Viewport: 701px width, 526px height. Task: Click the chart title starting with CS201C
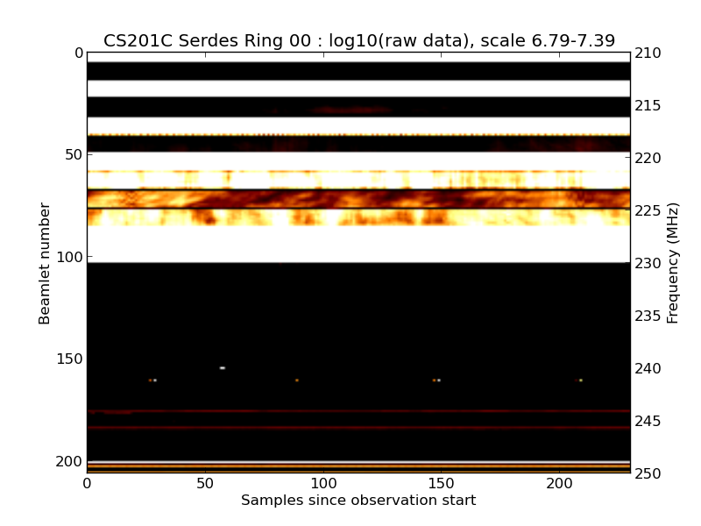359,41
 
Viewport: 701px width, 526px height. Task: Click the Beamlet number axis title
45,263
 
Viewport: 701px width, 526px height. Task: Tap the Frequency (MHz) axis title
673,263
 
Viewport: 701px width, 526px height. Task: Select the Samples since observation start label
358,501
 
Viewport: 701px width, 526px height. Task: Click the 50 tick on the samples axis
205,483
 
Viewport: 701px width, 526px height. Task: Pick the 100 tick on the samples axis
323,483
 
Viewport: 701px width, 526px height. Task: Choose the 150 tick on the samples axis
442,483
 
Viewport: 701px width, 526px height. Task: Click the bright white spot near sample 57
223,368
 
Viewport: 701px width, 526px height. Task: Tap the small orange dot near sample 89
297,380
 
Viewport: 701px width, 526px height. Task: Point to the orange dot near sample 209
580,380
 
